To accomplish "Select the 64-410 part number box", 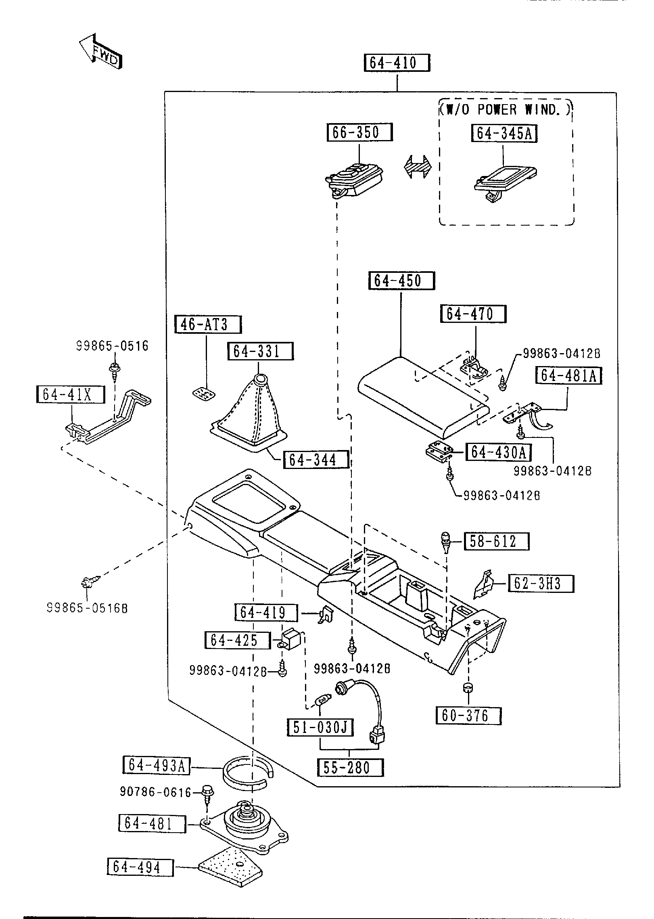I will [397, 63].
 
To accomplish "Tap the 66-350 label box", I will [359, 132].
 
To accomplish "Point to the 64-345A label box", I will [504, 134].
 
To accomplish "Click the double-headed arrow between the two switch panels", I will [418, 166].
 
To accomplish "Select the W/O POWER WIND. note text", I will [506, 109].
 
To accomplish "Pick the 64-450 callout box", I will [401, 281].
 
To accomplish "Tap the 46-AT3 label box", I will [208, 324].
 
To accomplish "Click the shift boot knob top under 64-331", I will [260, 379].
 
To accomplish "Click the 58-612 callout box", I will [497, 542].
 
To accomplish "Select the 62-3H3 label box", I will [541, 584].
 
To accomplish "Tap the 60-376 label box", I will [468, 716].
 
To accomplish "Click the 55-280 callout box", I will [350, 767].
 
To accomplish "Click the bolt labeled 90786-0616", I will [208, 791].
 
